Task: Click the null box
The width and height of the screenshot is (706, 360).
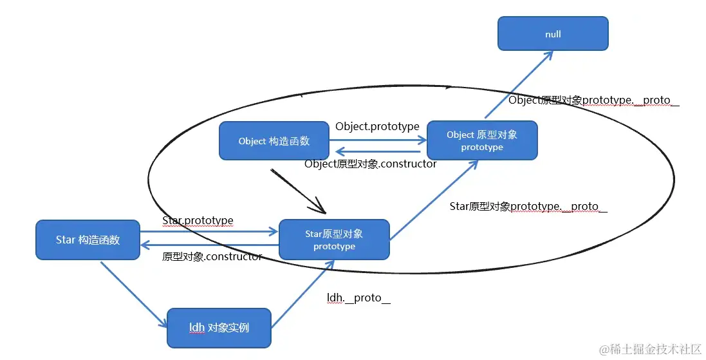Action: tap(553, 33)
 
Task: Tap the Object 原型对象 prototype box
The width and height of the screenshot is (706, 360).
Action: tap(482, 140)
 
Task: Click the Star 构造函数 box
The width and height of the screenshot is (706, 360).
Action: tap(88, 240)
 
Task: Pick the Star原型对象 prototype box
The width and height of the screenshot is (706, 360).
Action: tap(334, 240)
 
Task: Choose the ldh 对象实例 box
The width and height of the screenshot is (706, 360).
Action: tap(219, 327)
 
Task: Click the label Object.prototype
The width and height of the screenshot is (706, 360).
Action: tap(377, 127)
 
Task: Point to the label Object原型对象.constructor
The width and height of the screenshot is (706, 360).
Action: tap(371, 164)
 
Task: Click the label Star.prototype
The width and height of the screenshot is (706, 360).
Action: tap(198, 221)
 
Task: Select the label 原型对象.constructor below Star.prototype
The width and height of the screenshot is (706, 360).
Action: tap(212, 257)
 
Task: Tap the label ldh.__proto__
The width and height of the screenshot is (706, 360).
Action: tap(358, 298)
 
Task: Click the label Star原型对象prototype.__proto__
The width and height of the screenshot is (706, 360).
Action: tap(528, 207)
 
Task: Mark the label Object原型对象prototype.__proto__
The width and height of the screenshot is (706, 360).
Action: tap(593, 100)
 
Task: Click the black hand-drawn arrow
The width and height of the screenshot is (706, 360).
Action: tap(299, 191)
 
